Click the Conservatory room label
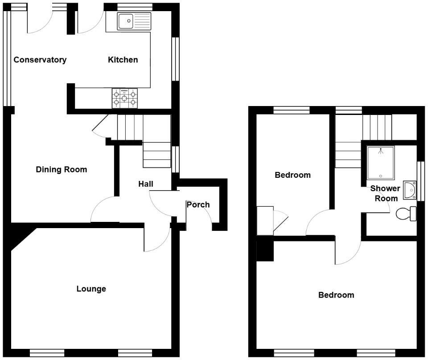40,60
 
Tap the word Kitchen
123,60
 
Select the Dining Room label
62,169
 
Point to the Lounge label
91,289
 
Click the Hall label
146,184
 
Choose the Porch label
198,205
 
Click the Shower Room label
385,193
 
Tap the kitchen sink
134,21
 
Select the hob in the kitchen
124,98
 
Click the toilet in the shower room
406,213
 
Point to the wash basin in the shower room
410,189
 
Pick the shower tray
380,163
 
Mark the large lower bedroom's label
336,295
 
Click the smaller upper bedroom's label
292,175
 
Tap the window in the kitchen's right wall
176,59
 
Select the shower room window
421,181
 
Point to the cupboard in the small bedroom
265,221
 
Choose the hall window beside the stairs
176,159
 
